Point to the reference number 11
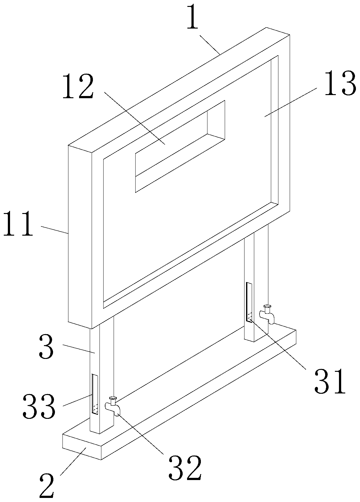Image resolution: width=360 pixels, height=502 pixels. [18, 224]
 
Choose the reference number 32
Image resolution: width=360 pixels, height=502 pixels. [185, 468]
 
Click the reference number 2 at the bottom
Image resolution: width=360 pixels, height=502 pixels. [47, 486]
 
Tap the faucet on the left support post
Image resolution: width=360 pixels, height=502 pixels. [113, 406]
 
